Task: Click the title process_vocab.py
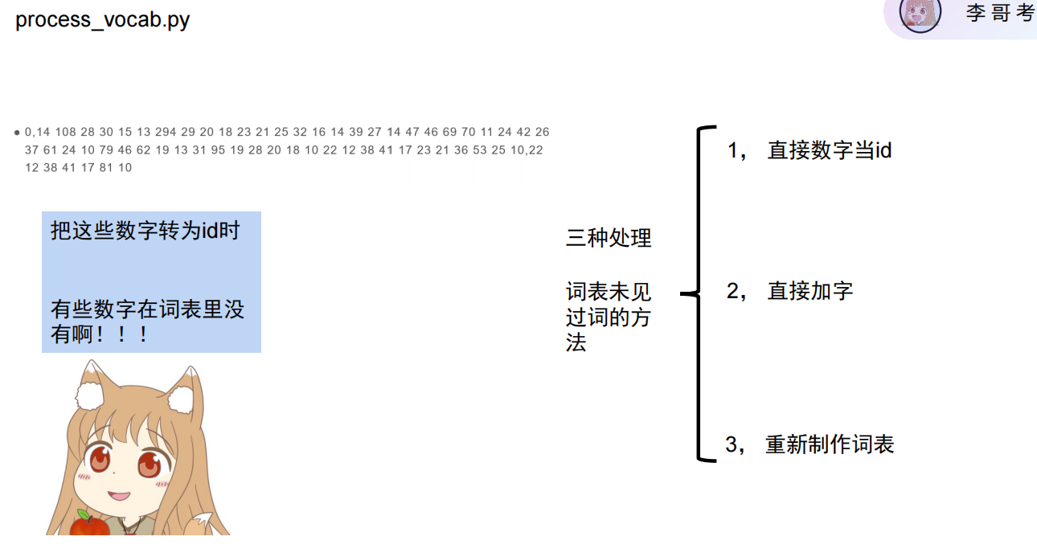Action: (x=103, y=19)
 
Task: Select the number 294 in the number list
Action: (x=166, y=132)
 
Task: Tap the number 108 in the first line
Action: (x=66, y=132)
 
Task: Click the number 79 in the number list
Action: (x=106, y=150)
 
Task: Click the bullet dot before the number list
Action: (x=17, y=133)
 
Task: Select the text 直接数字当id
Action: (x=829, y=150)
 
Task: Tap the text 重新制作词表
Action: (x=830, y=444)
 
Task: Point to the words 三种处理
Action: (x=609, y=238)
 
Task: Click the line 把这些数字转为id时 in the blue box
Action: (x=146, y=231)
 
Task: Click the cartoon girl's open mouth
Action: (x=121, y=495)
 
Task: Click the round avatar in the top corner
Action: (x=920, y=14)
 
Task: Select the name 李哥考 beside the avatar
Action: (x=1000, y=14)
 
